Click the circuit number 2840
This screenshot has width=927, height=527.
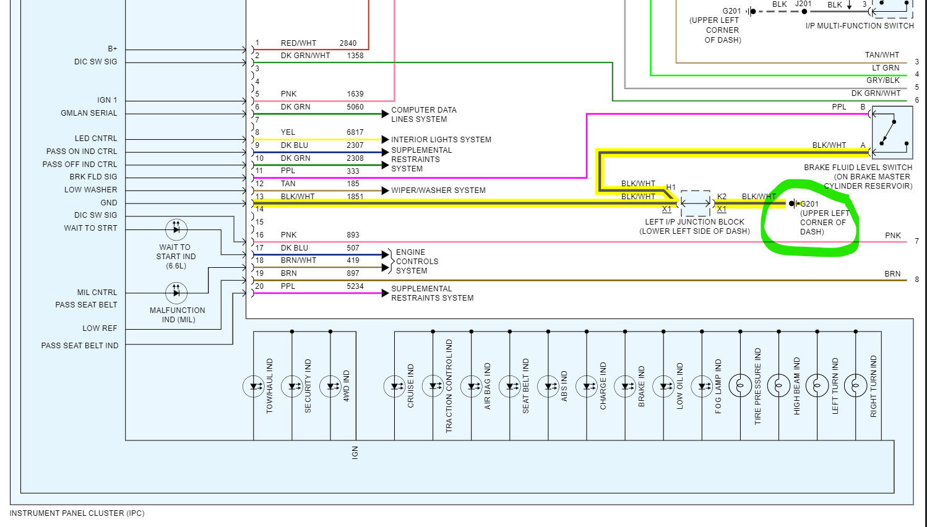348,43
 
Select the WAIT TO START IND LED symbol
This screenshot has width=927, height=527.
176,229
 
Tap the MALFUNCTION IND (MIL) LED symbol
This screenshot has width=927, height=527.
176,293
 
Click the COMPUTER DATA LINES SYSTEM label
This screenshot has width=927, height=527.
423,114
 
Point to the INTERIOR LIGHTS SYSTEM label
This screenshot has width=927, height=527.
441,140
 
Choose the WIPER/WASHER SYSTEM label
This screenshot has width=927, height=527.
438,191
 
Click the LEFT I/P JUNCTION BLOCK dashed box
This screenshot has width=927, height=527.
696,203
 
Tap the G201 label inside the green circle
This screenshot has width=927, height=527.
809,204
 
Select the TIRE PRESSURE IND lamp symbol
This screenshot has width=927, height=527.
740,386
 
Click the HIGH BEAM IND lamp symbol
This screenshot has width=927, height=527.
778,386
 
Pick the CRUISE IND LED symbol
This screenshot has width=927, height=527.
394,387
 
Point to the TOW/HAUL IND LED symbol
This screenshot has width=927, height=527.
254,387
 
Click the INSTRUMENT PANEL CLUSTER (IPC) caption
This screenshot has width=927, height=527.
77,513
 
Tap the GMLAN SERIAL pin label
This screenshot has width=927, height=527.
88,113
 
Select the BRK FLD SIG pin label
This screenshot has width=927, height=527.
93,177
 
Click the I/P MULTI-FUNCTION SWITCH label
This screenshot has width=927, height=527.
859,26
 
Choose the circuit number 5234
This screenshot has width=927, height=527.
355,286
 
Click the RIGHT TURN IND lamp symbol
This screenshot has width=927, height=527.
855,386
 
